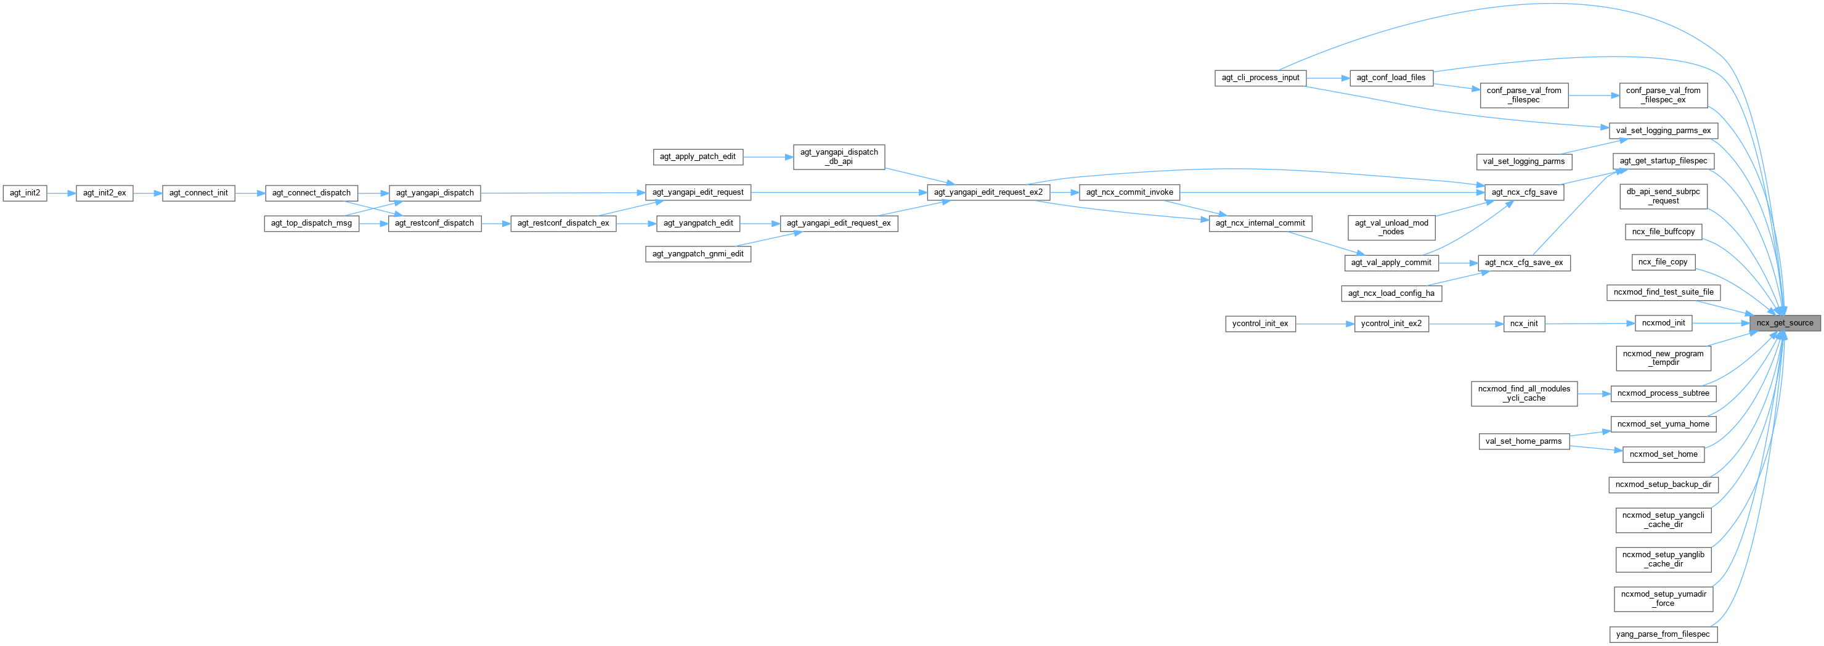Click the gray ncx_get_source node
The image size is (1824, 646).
pyautogui.click(x=1785, y=323)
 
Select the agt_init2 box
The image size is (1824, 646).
pyautogui.click(x=25, y=193)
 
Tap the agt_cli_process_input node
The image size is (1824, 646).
pyautogui.click(x=1260, y=77)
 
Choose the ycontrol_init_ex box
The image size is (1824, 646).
pyautogui.click(x=1260, y=324)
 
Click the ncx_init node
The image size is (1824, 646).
pyautogui.click(x=1524, y=324)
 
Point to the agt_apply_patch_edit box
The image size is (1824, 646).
pyautogui.click(x=698, y=157)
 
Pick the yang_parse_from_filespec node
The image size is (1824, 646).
pyautogui.click(x=1663, y=634)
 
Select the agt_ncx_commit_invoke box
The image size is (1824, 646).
pyautogui.click(x=1130, y=192)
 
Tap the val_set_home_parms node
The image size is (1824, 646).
pyautogui.click(x=1523, y=441)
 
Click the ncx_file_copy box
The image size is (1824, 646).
pyautogui.click(x=1663, y=262)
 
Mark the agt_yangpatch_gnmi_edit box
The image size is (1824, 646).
pyautogui.click(x=698, y=253)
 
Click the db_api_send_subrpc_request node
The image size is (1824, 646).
pyautogui.click(x=1663, y=196)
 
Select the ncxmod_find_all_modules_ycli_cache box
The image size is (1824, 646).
pyautogui.click(x=1524, y=393)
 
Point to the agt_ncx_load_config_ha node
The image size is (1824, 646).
pyautogui.click(x=1391, y=293)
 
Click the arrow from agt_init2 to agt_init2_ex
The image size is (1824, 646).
pyautogui.click(x=62, y=193)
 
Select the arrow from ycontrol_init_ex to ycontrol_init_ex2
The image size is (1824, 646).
pyautogui.click(x=1324, y=324)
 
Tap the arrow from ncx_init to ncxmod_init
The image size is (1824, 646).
pyautogui.click(x=1590, y=324)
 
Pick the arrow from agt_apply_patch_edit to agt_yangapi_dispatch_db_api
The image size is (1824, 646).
pyautogui.click(x=768, y=157)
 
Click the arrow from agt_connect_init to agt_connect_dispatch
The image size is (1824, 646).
pyautogui.click(x=250, y=193)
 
